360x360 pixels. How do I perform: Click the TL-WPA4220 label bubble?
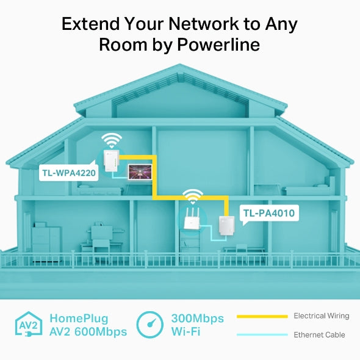pyautogui.click(x=68, y=173)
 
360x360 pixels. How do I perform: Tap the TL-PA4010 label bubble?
pyautogui.click(x=269, y=214)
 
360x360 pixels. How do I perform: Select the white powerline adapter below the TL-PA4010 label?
pyautogui.click(x=226, y=227)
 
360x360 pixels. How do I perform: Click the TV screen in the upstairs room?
pyautogui.click(x=140, y=172)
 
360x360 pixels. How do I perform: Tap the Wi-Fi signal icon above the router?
pyautogui.click(x=193, y=196)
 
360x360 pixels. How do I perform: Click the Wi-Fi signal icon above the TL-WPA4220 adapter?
pyautogui.click(x=112, y=140)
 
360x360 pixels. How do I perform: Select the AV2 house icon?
pyautogui.click(x=29, y=325)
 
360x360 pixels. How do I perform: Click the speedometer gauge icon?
pyautogui.click(x=149, y=325)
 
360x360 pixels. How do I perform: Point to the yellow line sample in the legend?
pyautogui.click(x=262, y=317)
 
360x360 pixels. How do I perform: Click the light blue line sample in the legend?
pyautogui.click(x=262, y=335)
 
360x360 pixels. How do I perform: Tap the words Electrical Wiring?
pyautogui.click(x=322, y=316)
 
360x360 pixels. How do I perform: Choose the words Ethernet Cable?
pyautogui.click(x=319, y=335)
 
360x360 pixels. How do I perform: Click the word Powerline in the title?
pyautogui.click(x=218, y=45)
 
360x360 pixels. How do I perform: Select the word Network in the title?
pyautogui.click(x=204, y=24)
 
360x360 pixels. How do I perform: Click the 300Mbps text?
pyautogui.click(x=198, y=319)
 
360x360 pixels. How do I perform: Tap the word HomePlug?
pyautogui.click(x=79, y=319)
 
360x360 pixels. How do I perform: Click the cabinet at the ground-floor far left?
pyautogui.click(x=46, y=242)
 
